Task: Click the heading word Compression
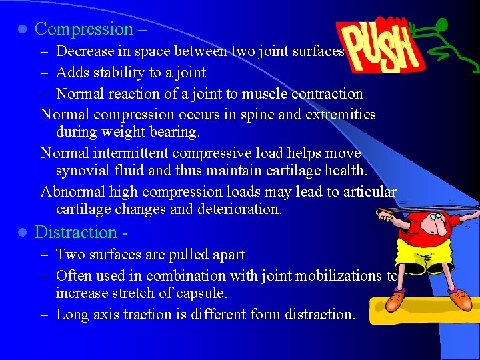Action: [84, 29]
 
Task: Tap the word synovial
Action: [82, 170]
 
